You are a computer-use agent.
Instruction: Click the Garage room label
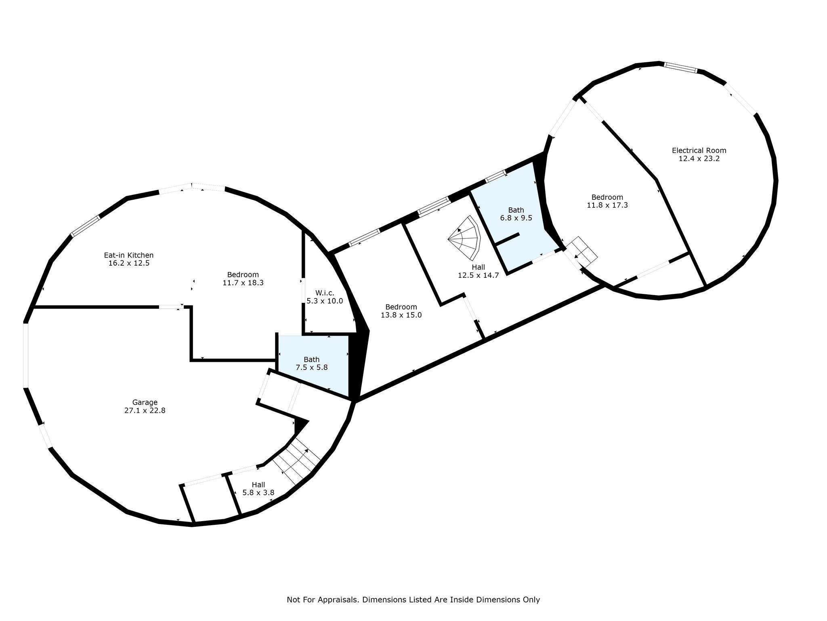pyautogui.click(x=145, y=402)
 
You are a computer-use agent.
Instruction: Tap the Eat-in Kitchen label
pyautogui.click(x=129, y=255)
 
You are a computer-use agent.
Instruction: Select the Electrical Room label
pyautogui.click(x=699, y=150)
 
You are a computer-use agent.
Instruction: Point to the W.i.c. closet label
pyautogui.click(x=325, y=293)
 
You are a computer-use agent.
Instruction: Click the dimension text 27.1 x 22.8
pyautogui.click(x=145, y=410)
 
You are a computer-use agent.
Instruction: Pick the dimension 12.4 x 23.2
pyautogui.click(x=699, y=158)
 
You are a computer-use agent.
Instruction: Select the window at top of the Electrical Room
pyautogui.click(x=681, y=68)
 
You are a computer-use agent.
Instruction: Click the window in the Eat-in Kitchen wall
pyautogui.click(x=85, y=226)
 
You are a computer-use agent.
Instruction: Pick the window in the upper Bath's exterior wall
pyautogui.click(x=495, y=176)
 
